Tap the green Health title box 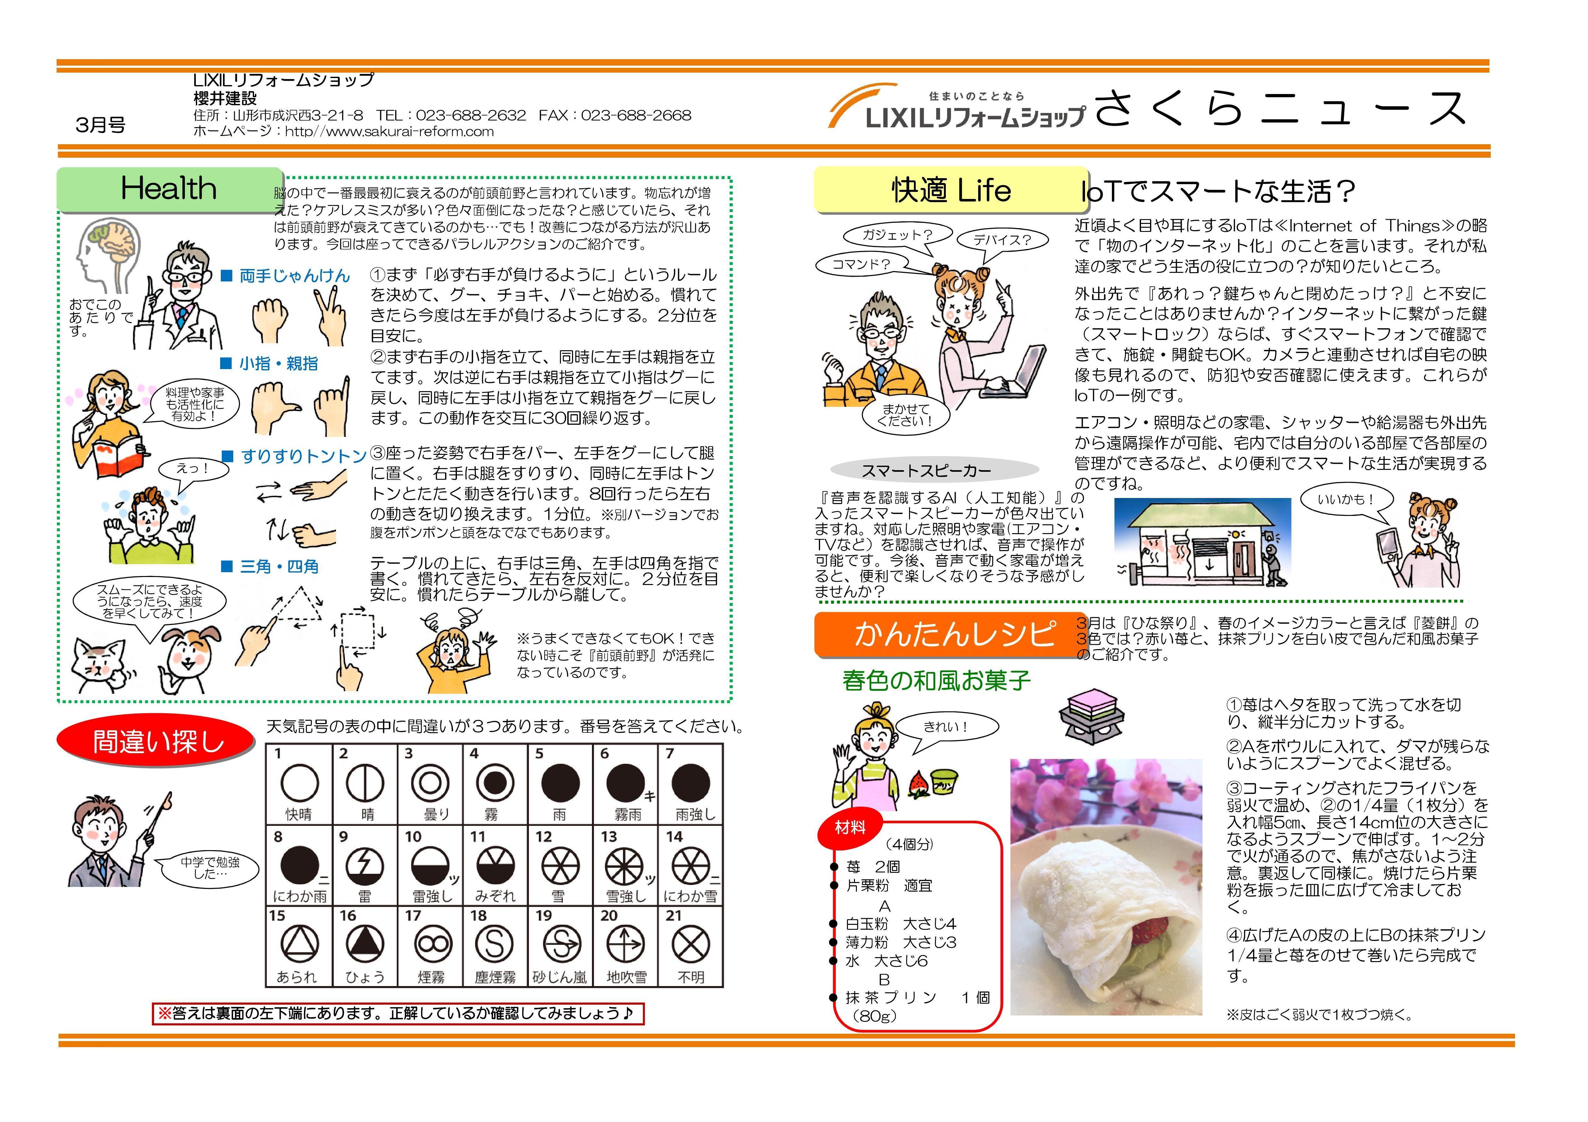(x=170, y=189)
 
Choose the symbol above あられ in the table (x=299, y=944)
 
